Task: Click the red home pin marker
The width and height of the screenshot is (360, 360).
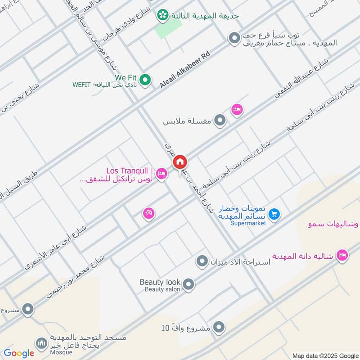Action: point(180,162)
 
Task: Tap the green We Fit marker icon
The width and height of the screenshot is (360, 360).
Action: point(145,80)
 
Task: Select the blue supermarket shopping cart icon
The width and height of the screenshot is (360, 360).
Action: point(275,215)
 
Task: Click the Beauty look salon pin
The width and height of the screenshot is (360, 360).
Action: point(189,284)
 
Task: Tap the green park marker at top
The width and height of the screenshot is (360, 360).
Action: point(162,16)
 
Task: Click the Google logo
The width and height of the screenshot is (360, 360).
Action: point(19,353)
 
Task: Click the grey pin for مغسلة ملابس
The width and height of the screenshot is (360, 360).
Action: point(220,121)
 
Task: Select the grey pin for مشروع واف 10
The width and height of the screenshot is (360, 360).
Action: point(219,327)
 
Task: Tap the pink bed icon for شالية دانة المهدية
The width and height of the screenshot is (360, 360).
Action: point(342,255)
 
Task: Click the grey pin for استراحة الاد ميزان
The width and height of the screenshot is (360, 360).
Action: point(202,261)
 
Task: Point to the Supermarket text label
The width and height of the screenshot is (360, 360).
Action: point(248,223)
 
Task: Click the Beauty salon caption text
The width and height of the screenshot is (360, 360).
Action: point(162,289)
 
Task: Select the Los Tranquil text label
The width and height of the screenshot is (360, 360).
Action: point(130,171)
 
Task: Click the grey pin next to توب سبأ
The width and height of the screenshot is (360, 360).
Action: point(234,39)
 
